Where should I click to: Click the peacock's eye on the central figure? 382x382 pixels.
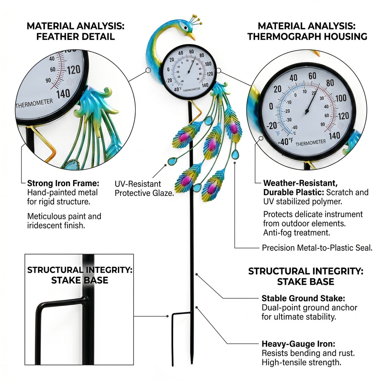[x=185, y=27]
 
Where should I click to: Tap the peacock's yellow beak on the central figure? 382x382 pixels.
[x=192, y=37]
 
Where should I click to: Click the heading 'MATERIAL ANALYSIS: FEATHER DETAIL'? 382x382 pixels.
[x=75, y=31]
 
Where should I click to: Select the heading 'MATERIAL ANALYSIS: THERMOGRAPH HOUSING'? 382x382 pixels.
[x=307, y=31]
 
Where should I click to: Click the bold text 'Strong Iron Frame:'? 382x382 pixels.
[x=63, y=183]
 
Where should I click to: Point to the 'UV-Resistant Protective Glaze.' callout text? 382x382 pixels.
[x=144, y=188]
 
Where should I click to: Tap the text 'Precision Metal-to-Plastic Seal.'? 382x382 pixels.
[x=317, y=248]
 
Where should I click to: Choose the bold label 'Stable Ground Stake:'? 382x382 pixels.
[x=303, y=298]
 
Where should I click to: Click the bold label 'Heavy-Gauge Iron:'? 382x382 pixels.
[x=298, y=344]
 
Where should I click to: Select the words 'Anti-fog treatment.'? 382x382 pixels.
[x=297, y=233]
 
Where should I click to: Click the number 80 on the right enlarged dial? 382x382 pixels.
[x=330, y=83]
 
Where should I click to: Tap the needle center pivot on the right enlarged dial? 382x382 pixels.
[x=307, y=112]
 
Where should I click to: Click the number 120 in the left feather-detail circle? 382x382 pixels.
[x=73, y=70]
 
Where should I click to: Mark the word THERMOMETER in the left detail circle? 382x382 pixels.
[x=34, y=103]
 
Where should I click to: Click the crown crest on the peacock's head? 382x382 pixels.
[x=196, y=20]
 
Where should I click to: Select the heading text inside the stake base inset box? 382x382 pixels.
[x=80, y=275]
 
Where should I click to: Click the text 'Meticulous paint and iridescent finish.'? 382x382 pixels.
[x=64, y=221]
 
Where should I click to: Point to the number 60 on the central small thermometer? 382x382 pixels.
[x=191, y=51]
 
